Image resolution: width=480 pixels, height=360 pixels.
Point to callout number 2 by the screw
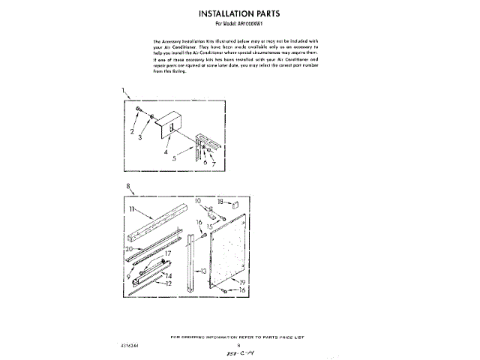click(x=131, y=132)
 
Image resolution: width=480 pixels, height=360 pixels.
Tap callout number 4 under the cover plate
click(x=165, y=151)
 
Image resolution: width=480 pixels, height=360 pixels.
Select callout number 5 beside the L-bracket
click(x=173, y=159)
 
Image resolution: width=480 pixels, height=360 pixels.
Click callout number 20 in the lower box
click(x=130, y=248)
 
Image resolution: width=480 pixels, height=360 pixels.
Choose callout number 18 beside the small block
click(x=220, y=202)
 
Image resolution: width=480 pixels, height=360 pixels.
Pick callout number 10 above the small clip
click(x=199, y=202)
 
